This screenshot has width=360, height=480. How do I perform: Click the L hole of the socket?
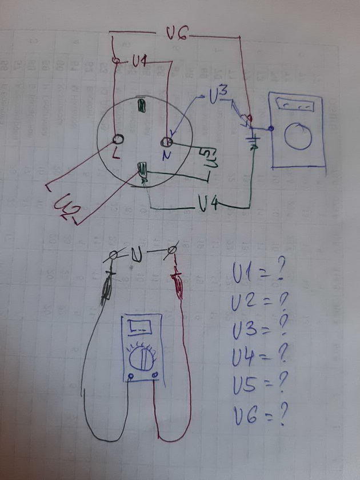120,139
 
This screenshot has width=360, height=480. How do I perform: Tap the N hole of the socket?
167,141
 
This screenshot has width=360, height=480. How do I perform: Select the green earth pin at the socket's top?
140,106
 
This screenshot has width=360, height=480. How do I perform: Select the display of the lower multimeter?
139,327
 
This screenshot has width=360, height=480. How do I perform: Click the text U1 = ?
258,274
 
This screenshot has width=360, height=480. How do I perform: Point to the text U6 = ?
259,419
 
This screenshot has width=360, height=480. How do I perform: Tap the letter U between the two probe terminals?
137,253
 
